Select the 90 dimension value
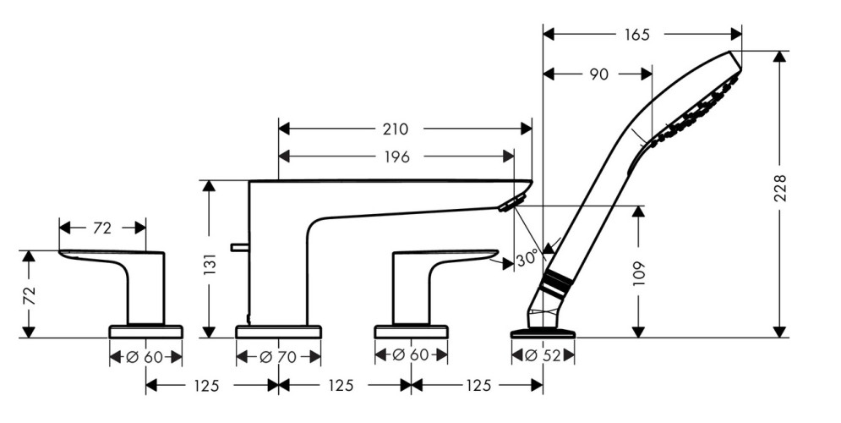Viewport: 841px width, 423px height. tap(598, 75)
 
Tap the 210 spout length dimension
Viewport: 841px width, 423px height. tap(395, 129)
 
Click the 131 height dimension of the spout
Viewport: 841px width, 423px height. tap(212, 264)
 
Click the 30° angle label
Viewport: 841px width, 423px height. tap(527, 259)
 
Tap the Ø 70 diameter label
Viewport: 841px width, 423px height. tap(278, 357)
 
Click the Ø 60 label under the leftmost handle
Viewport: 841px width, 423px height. tap(145, 357)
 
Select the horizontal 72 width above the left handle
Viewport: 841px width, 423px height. tap(101, 228)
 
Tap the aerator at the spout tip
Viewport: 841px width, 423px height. tap(511, 203)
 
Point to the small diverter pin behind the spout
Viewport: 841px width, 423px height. tap(238, 248)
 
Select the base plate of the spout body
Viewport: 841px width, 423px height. tap(278, 331)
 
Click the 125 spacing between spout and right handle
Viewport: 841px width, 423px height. tap(340, 386)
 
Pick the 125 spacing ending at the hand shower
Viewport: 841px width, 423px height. tap(478, 386)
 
